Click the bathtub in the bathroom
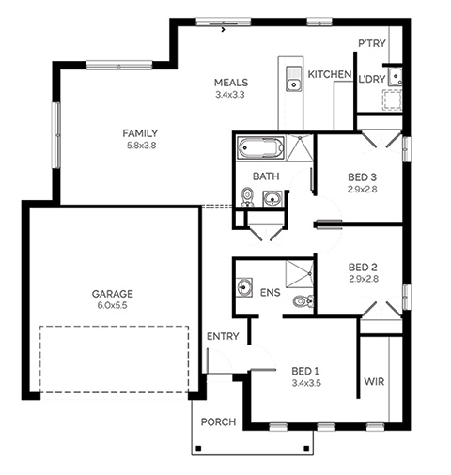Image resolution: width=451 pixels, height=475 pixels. (x=260, y=148)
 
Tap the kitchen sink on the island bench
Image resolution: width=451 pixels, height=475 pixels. (x=294, y=79)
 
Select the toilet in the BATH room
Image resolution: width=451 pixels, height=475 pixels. (x=247, y=197)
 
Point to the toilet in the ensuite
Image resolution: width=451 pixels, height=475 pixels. (x=303, y=301)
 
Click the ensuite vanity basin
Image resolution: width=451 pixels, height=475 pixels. (x=244, y=287)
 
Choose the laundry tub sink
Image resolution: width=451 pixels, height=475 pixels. (x=396, y=76)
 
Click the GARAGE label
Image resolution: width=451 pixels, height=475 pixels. (x=113, y=294)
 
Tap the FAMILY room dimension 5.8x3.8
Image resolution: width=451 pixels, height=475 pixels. (x=141, y=146)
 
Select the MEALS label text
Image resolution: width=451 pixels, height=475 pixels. (x=231, y=83)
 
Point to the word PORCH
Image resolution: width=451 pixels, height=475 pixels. (x=218, y=422)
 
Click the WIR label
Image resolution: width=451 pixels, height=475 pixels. (x=374, y=382)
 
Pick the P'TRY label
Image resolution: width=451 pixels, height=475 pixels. (x=372, y=43)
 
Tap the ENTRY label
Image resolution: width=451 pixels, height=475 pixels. (x=223, y=336)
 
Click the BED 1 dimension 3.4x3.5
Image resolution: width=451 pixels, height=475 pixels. (x=306, y=383)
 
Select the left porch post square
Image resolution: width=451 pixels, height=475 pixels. (x=198, y=448)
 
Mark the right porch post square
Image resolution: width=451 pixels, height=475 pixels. (x=307, y=448)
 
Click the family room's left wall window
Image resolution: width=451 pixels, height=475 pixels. (x=56, y=135)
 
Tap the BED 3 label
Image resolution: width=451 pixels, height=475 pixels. (x=362, y=177)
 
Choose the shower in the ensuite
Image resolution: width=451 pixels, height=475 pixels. (x=300, y=274)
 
